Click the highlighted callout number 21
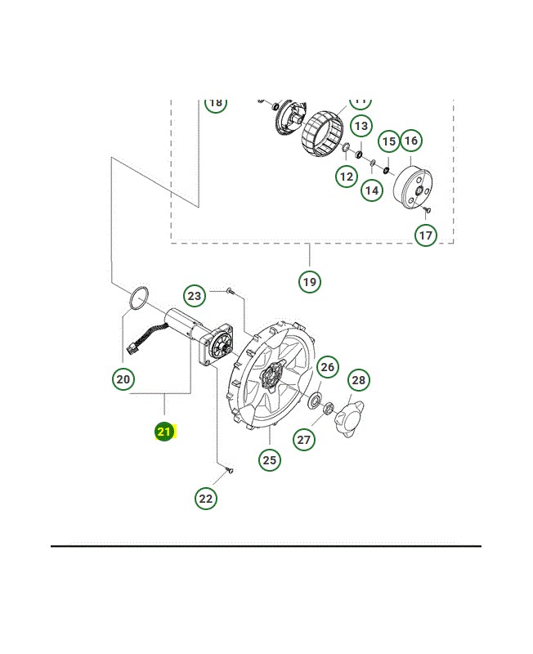pyautogui.click(x=165, y=432)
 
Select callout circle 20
pyautogui.click(x=123, y=379)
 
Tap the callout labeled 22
pyautogui.click(x=206, y=498)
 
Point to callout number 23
pyautogui.click(x=195, y=296)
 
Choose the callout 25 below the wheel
pyautogui.click(x=270, y=460)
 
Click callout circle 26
pyautogui.click(x=328, y=368)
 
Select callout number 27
pyautogui.click(x=304, y=440)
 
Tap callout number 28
pyautogui.click(x=358, y=380)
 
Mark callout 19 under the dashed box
pyautogui.click(x=309, y=282)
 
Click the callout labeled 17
pyautogui.click(x=425, y=235)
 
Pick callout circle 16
pyautogui.click(x=410, y=141)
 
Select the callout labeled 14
pyautogui.click(x=372, y=190)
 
